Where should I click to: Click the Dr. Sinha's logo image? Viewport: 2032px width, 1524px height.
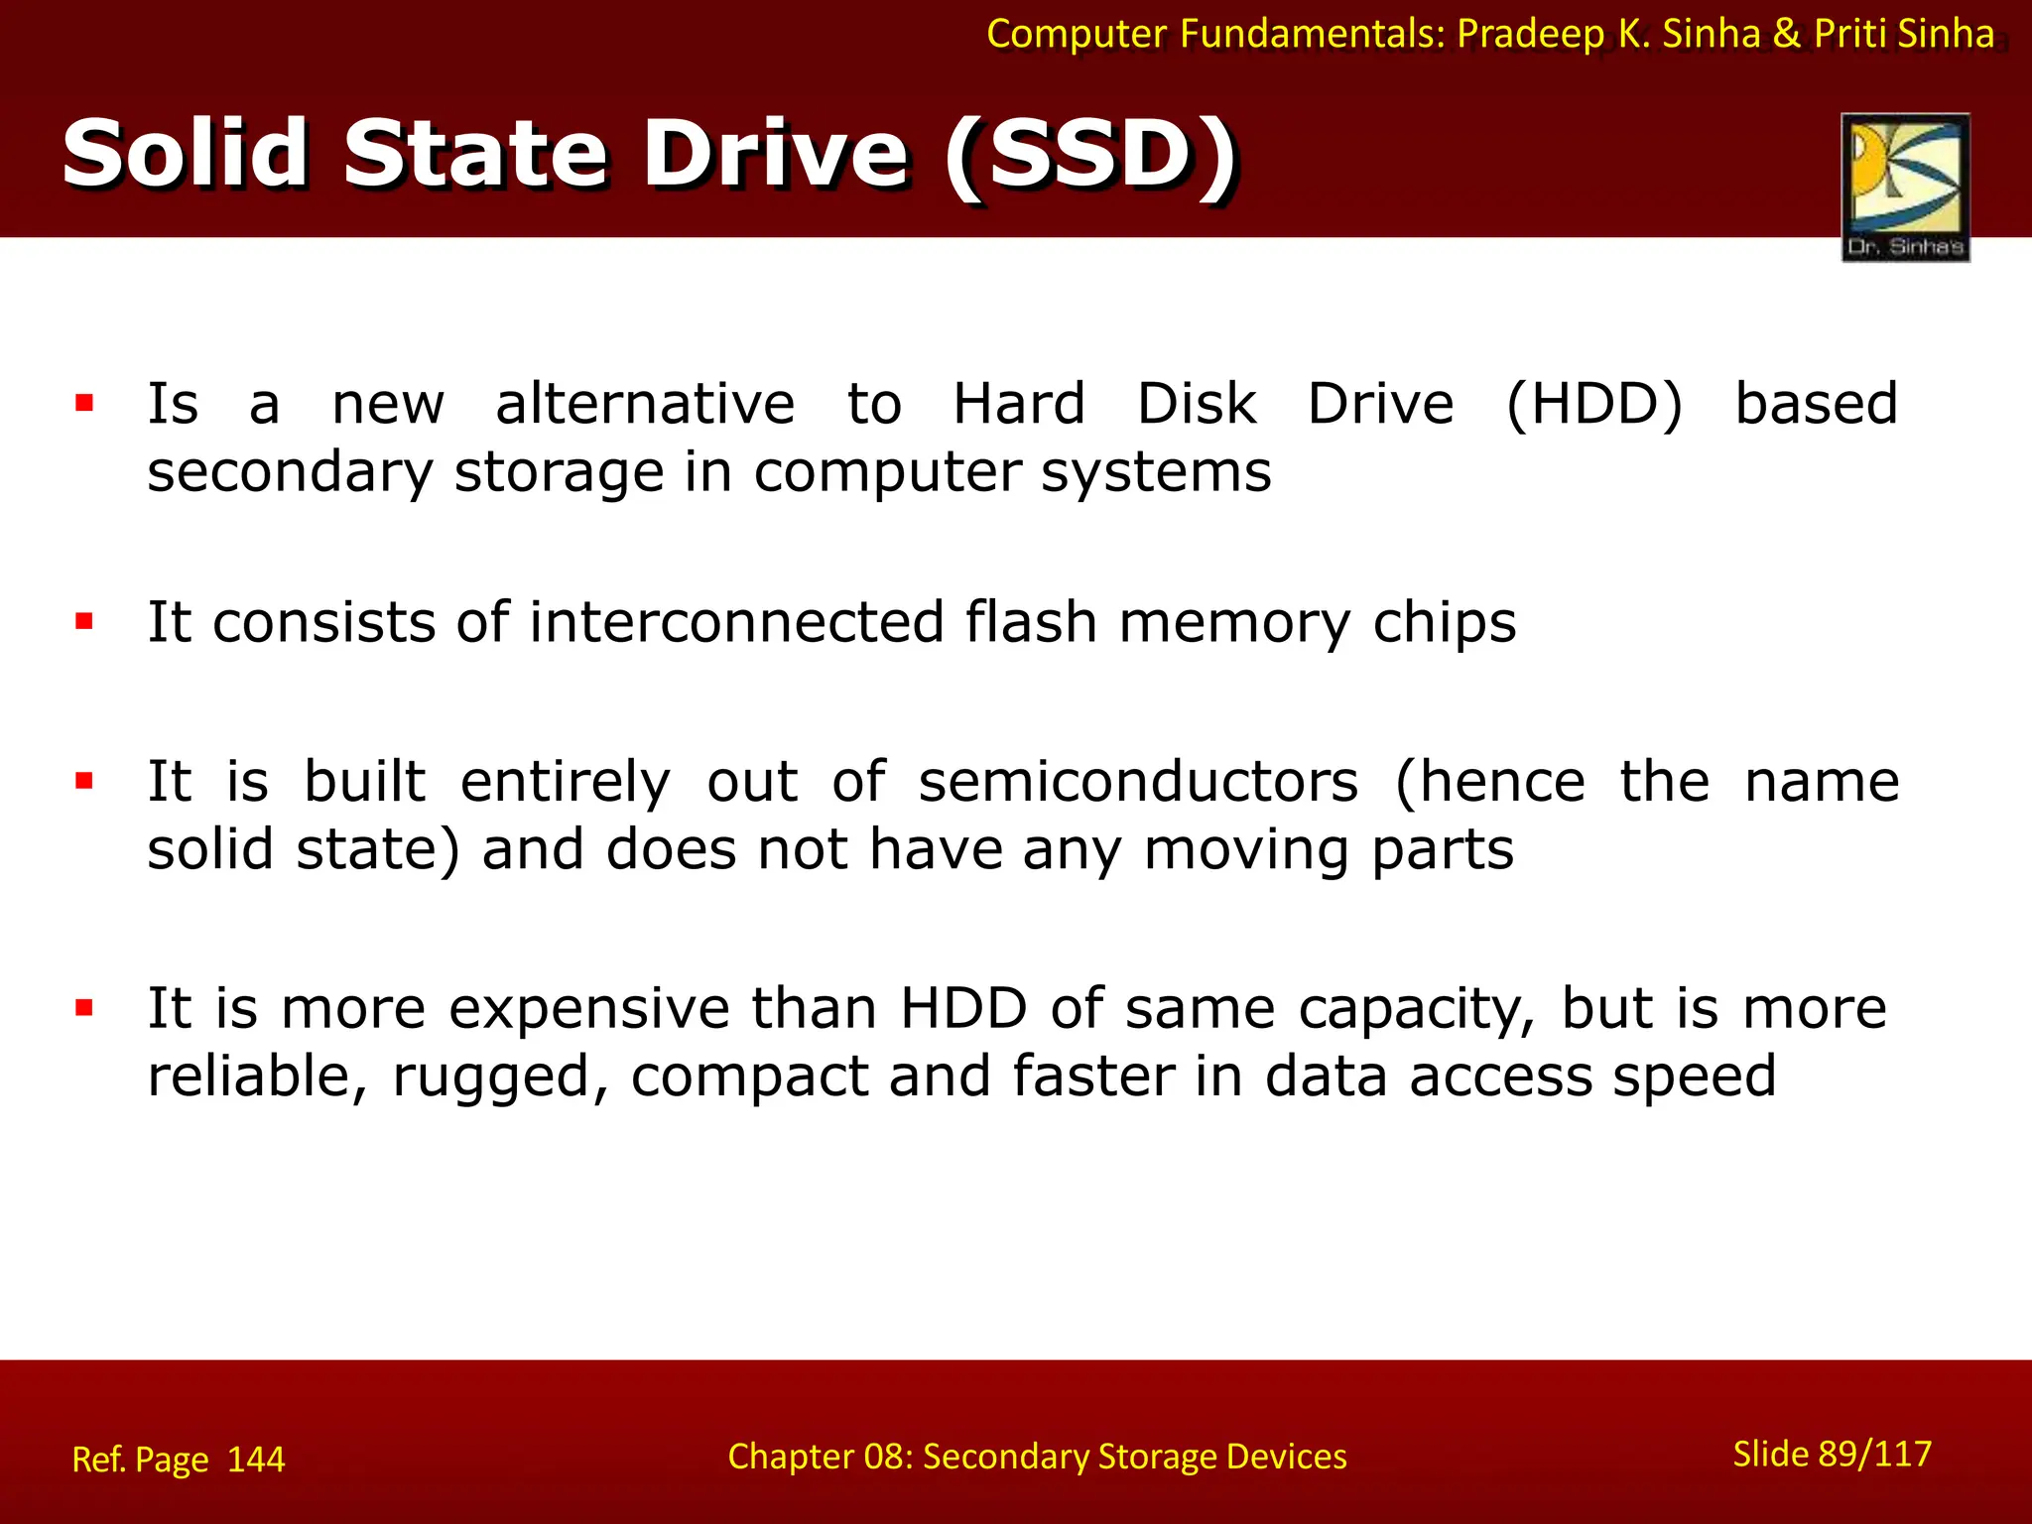click(1905, 187)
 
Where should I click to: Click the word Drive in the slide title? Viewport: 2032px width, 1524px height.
click(775, 155)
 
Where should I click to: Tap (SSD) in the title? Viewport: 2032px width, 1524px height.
click(1091, 155)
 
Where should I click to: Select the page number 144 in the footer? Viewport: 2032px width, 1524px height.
click(256, 1460)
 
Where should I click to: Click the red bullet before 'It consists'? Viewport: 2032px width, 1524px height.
click(84, 622)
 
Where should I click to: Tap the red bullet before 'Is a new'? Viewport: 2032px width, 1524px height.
click(84, 403)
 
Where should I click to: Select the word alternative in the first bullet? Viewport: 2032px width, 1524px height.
click(645, 405)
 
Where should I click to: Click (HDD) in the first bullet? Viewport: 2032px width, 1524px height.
click(1593, 405)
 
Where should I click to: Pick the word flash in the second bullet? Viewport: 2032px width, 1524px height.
click(1031, 623)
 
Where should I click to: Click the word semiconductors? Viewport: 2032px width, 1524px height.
click(1138, 782)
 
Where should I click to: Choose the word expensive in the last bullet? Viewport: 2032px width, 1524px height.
click(589, 1010)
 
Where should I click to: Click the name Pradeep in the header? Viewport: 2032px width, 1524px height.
click(1531, 35)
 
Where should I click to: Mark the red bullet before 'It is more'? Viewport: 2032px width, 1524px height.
click(84, 1009)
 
